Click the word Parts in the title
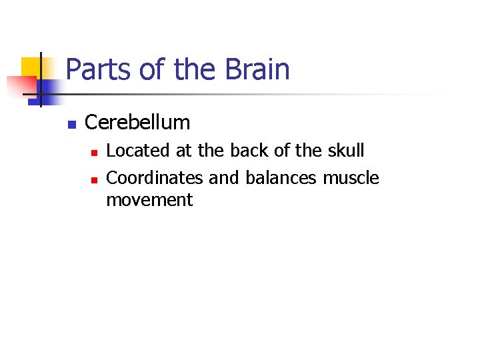click(94, 70)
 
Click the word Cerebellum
click(137, 123)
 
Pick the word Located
click(138, 151)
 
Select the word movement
click(149, 200)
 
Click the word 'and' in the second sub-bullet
click(225, 179)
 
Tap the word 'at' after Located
click(184, 151)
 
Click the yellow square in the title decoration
click(31, 67)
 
